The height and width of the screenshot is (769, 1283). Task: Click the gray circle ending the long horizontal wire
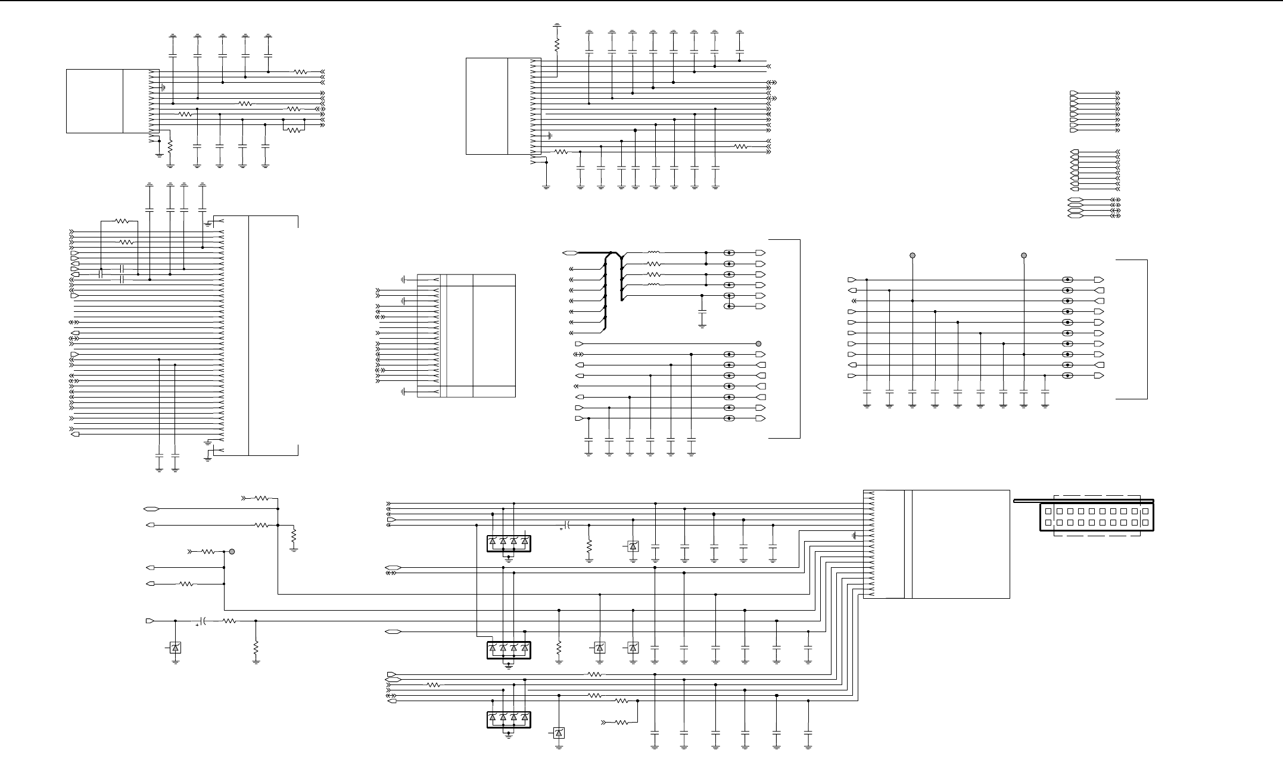click(x=758, y=344)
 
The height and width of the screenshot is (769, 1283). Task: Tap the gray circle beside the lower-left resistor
click(x=232, y=552)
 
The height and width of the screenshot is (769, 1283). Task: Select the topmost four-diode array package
click(x=508, y=543)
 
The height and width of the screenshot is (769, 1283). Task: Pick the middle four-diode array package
click(x=508, y=649)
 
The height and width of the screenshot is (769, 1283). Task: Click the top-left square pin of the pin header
click(x=1048, y=511)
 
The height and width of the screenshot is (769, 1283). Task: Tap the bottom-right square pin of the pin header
click(x=1145, y=523)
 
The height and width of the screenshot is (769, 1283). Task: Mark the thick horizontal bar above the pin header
click(x=1084, y=501)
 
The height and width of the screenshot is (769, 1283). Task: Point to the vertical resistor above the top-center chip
click(x=557, y=45)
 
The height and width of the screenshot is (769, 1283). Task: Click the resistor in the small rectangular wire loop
click(x=294, y=130)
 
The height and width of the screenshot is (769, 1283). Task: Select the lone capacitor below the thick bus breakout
click(x=702, y=312)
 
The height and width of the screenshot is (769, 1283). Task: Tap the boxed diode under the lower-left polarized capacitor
click(x=175, y=648)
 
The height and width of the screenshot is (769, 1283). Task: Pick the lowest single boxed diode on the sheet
click(x=559, y=733)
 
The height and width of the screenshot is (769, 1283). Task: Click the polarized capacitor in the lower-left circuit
click(x=203, y=621)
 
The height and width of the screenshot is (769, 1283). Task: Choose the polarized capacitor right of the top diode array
click(x=568, y=525)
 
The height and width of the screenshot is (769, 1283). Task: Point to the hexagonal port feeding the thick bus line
click(x=569, y=253)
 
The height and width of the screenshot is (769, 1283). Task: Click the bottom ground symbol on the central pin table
click(x=403, y=392)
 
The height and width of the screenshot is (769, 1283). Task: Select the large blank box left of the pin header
click(x=960, y=544)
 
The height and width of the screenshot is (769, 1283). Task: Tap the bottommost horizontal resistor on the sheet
click(x=621, y=723)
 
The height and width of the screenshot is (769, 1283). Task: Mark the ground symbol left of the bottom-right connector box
click(x=855, y=536)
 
